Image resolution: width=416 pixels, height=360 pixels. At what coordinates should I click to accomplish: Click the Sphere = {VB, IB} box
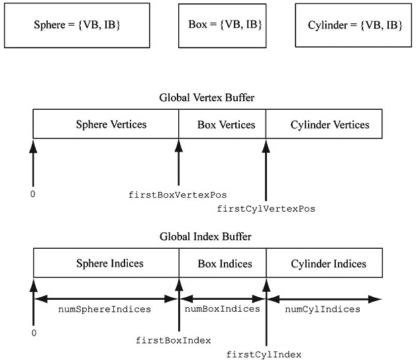tap(77, 25)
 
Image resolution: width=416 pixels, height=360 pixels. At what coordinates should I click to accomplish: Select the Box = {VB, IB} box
tap(221, 24)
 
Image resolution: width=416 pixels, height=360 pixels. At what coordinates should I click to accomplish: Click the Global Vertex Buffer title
tap(207, 97)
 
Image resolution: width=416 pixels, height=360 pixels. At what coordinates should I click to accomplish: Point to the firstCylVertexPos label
tap(266, 208)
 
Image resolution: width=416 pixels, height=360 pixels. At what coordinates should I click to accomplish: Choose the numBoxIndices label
tap(221, 309)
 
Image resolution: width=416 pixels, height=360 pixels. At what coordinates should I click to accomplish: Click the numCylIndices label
tap(322, 309)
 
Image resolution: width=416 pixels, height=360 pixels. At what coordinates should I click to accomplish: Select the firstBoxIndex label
tap(174, 340)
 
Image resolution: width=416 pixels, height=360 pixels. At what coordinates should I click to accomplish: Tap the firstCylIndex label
tap(264, 354)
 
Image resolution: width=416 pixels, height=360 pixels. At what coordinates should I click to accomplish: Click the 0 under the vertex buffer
tap(33, 195)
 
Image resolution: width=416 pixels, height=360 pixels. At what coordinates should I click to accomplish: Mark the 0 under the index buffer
tap(33, 333)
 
